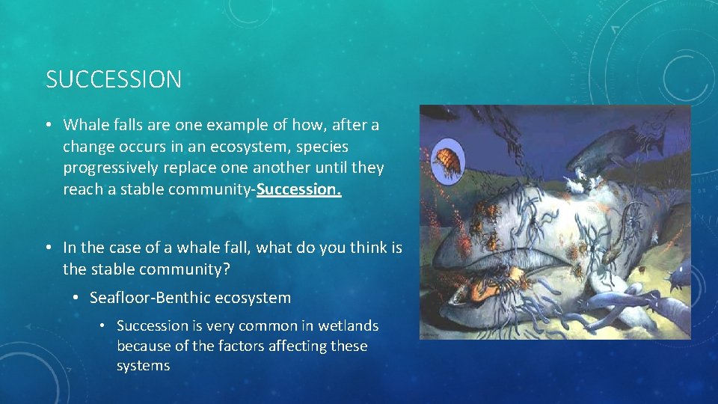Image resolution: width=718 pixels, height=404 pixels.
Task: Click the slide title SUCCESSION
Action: pyautogui.click(x=114, y=79)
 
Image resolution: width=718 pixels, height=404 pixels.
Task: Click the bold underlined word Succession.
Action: pyautogui.click(x=298, y=189)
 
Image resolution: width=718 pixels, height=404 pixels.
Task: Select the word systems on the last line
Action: pyautogui.click(x=143, y=366)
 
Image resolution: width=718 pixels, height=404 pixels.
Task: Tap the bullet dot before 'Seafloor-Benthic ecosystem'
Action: pyautogui.click(x=77, y=299)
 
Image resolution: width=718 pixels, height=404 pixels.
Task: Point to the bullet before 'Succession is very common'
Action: pyautogui.click(x=105, y=326)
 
